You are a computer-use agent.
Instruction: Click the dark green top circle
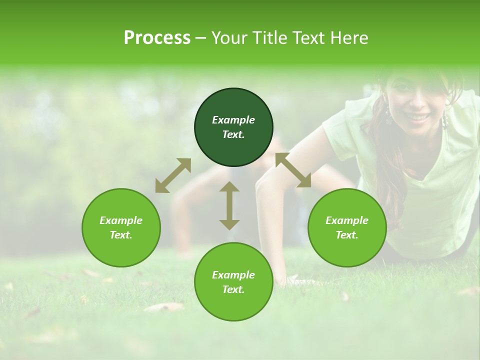tap(233, 127)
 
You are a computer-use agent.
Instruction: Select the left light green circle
tap(121, 227)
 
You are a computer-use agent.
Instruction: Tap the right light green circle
tap(347, 227)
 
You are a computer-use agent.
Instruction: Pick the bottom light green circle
tap(233, 282)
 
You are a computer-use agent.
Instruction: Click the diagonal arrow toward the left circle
tap(173, 175)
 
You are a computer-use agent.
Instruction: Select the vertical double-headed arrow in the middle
tap(229, 205)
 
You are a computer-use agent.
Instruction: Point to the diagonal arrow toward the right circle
tap(293, 170)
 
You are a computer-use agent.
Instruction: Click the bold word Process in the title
tap(157, 37)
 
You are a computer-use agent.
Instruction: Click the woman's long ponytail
tap(392, 165)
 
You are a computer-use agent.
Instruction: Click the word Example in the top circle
tap(233, 120)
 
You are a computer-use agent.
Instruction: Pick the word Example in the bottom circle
tap(233, 275)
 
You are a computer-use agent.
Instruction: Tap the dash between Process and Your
tap(200, 38)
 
